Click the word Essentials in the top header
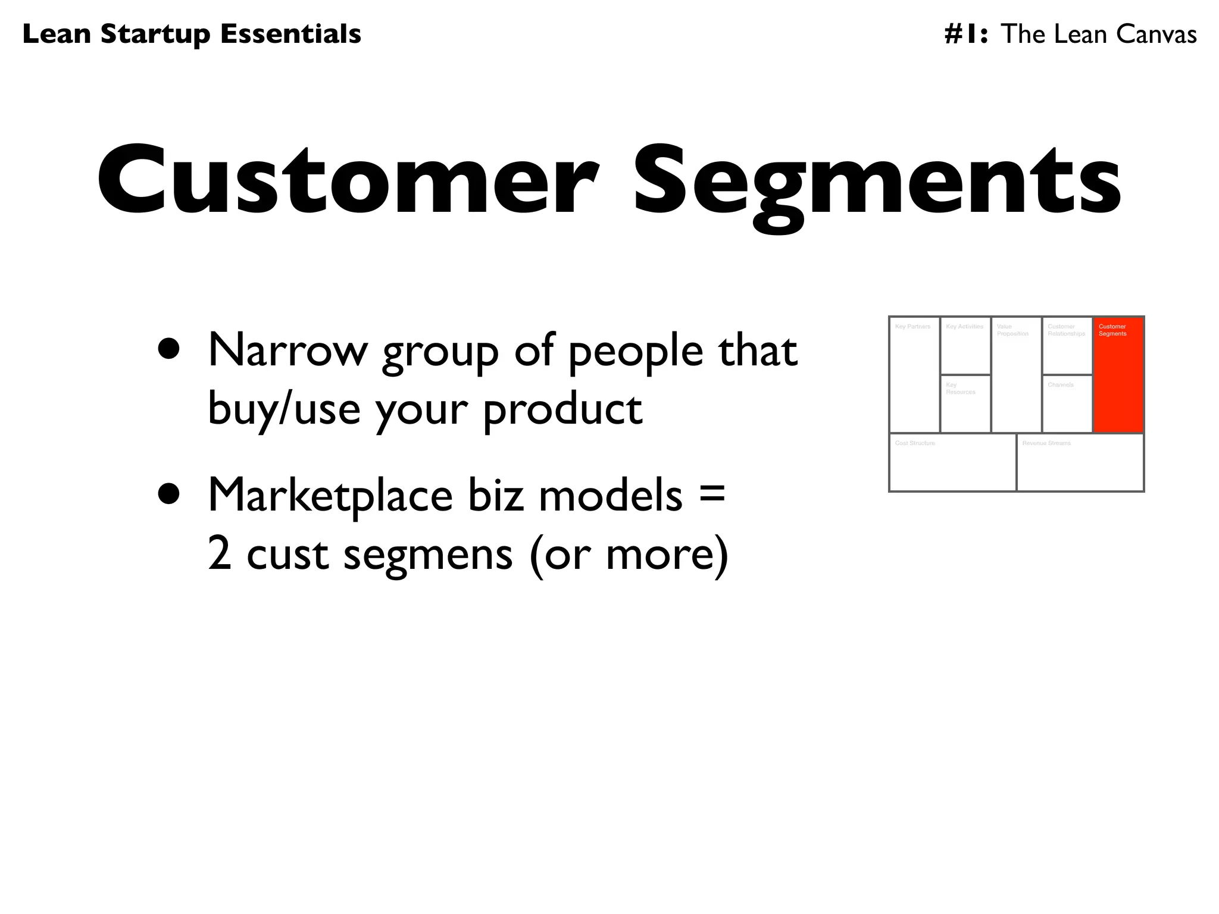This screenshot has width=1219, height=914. pyautogui.click(x=290, y=34)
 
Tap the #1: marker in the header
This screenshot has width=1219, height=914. pyautogui.click(x=966, y=34)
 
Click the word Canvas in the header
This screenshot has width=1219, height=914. pyautogui.click(x=1156, y=34)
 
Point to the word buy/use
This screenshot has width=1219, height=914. pyautogui.click(x=284, y=409)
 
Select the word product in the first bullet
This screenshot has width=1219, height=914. pyautogui.click(x=562, y=409)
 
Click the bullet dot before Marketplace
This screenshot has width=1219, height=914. pyautogui.click(x=169, y=493)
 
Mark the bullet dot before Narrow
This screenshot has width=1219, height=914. pyautogui.click(x=169, y=349)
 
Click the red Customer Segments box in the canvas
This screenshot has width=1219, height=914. pyautogui.click(x=1118, y=375)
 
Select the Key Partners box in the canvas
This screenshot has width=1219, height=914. pyautogui.click(x=914, y=375)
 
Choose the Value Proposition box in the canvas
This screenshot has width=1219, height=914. pyautogui.click(x=1016, y=375)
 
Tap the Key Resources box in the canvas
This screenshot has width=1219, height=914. pyautogui.click(x=965, y=404)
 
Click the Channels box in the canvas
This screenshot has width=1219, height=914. pyautogui.click(x=1067, y=404)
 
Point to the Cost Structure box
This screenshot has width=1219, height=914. pyautogui.click(x=952, y=462)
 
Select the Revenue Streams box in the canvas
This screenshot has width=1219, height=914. pyautogui.click(x=1080, y=462)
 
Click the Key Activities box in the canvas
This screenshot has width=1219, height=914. pyautogui.click(x=965, y=346)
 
